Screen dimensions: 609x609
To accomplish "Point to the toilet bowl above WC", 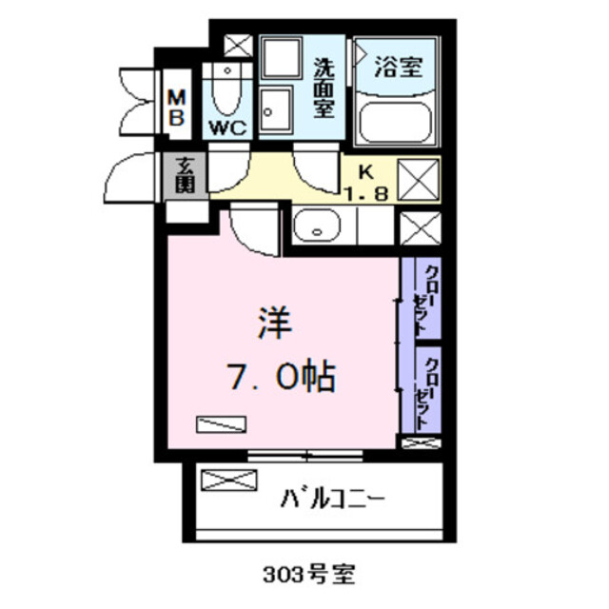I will [226, 90].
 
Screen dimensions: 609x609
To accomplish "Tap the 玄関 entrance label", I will [185, 175].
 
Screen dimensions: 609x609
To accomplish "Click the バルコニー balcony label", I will [332, 497].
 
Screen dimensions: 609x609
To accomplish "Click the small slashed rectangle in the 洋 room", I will [220, 424].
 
